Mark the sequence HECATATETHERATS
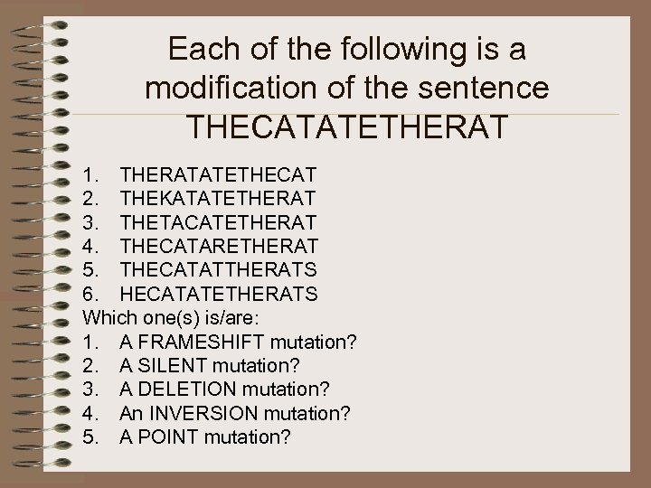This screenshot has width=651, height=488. point(218,294)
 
